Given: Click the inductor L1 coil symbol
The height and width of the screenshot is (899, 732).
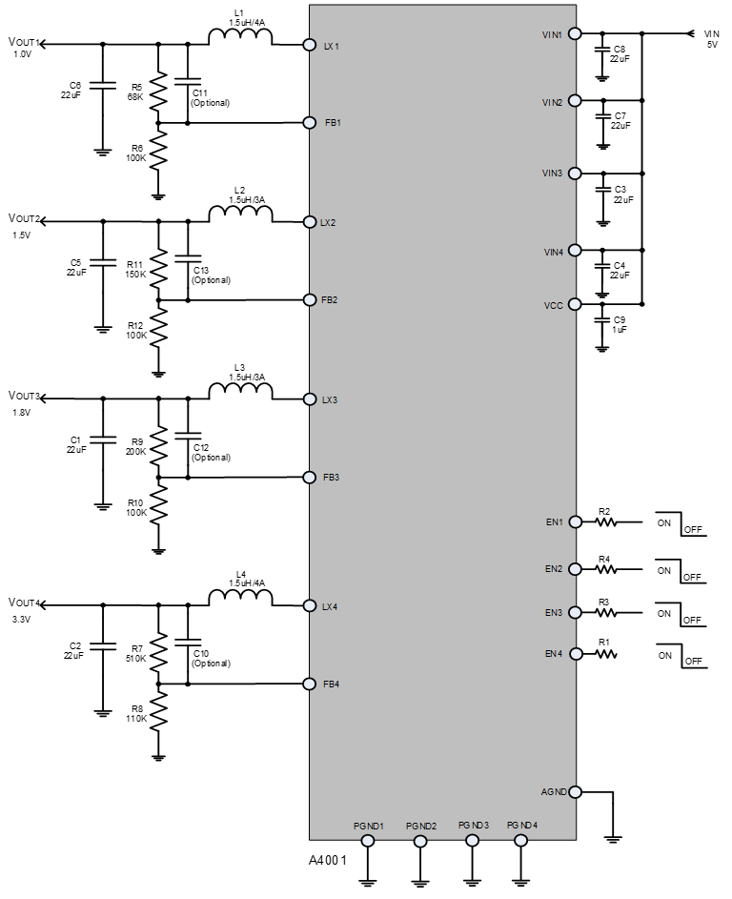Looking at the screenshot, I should pos(240,38).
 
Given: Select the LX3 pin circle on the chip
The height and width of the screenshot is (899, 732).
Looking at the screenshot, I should pos(309,399).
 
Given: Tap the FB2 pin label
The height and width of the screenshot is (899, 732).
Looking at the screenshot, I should pos(330,300).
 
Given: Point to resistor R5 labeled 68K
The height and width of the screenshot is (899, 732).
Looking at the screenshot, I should pos(158,92).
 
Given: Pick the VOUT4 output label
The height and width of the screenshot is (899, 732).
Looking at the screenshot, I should pos(24,603).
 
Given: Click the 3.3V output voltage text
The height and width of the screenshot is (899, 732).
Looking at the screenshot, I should pos(21,620).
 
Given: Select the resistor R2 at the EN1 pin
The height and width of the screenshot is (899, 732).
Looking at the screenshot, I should pos(606,522).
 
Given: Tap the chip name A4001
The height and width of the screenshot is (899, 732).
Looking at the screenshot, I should pos(327,860).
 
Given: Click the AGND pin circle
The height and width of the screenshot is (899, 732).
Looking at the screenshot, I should pos(575,791).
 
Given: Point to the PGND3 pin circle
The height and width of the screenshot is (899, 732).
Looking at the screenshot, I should pos(471,840).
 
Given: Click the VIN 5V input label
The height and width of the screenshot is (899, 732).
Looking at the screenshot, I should pos(711,38).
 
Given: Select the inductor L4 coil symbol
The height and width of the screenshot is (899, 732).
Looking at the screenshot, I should pos(240,598).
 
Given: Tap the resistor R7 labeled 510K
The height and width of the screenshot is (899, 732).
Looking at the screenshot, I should pos(158,652).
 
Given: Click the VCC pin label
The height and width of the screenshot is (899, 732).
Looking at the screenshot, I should pos(553,306).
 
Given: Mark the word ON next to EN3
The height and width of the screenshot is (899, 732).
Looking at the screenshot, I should pos(664,613).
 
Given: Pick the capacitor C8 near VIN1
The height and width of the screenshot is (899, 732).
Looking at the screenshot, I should pos(601,53).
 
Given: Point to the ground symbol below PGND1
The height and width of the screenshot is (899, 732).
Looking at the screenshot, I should pos(368,882).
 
